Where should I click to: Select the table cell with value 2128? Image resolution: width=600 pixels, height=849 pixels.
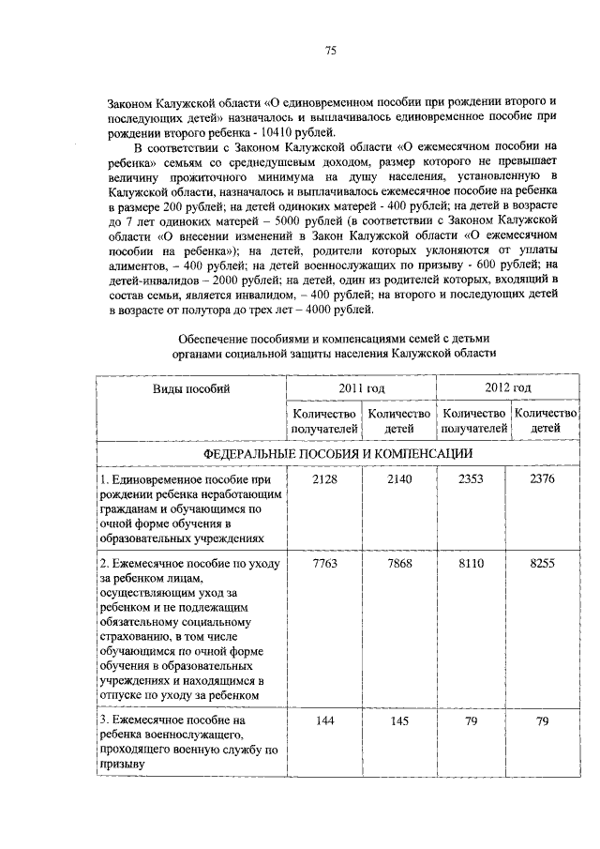coord(324,479)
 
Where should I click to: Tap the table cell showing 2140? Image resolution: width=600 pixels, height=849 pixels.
coord(398,479)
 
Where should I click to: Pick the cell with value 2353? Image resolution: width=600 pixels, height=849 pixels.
coord(473,479)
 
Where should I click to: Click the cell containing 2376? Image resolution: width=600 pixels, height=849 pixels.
coord(543,479)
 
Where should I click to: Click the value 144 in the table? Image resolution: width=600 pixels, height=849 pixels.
coord(324,720)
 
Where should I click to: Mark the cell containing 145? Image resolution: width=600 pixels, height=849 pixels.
coord(398,720)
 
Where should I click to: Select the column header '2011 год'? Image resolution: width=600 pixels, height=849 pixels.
coord(362,387)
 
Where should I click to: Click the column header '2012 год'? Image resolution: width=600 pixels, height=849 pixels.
coord(508,387)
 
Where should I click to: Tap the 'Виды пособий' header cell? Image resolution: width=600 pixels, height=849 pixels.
coord(191,388)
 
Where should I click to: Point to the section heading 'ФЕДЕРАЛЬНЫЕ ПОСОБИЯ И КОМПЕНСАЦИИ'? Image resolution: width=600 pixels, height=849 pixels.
coord(337,453)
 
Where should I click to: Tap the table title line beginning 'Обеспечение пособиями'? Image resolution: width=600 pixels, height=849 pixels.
coord(333,337)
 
